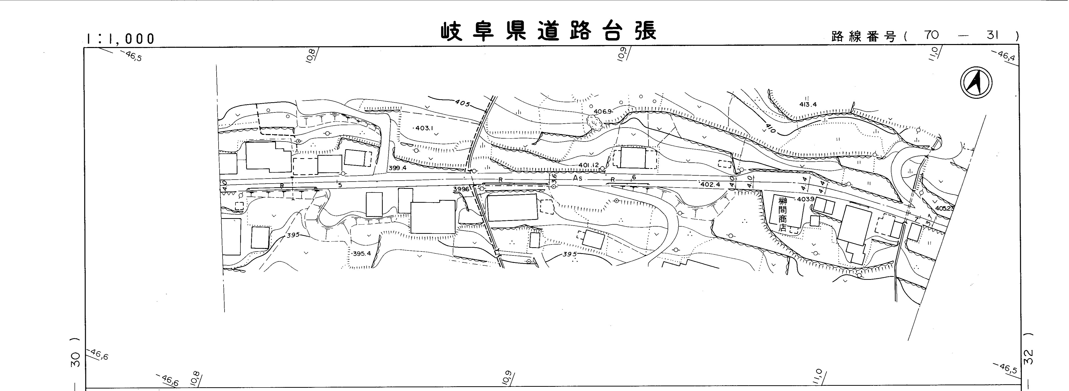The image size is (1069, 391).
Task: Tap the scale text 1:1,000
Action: click(x=120, y=39)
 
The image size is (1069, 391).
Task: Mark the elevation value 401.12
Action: click(x=588, y=165)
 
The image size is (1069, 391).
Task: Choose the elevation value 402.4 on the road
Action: click(x=710, y=184)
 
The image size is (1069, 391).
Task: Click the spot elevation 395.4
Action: click(x=362, y=254)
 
